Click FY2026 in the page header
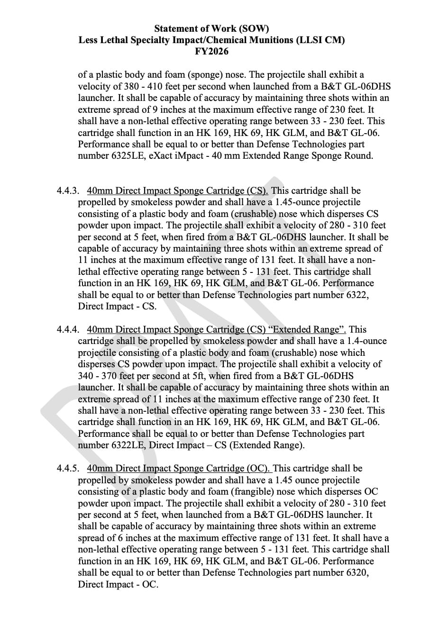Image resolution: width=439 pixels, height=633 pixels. tap(211, 51)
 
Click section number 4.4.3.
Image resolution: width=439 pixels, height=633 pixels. tap(67, 191)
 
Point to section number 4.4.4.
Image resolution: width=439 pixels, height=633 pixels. tap(67, 330)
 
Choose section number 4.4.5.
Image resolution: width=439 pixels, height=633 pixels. tap(67, 469)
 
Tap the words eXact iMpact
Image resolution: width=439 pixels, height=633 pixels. tap(176, 156)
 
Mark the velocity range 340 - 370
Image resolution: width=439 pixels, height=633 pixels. tap(98, 376)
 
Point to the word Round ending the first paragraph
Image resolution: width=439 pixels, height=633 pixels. tap(359, 156)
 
